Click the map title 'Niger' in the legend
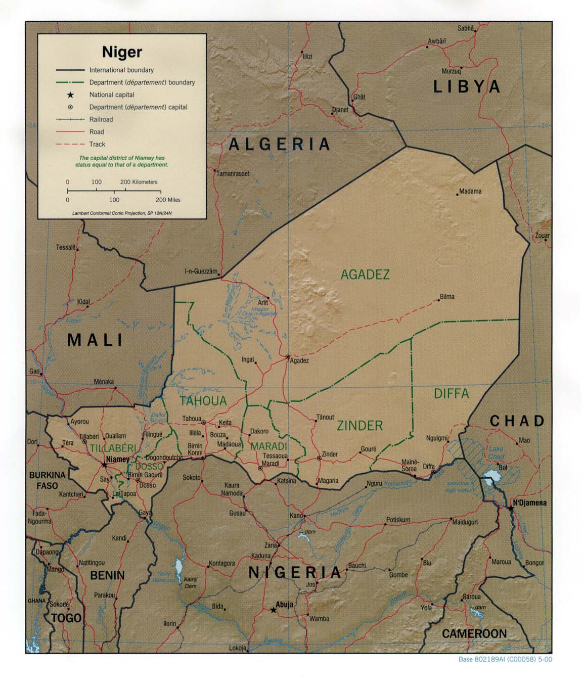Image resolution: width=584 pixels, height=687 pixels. (122, 52)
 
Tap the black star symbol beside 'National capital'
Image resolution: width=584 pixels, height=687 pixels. (70, 95)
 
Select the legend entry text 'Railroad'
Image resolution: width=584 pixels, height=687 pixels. (101, 120)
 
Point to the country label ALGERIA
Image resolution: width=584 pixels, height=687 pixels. (280, 145)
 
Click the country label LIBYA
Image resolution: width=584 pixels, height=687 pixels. (467, 87)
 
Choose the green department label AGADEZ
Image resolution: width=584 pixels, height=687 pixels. (365, 274)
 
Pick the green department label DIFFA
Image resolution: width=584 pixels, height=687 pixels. (451, 393)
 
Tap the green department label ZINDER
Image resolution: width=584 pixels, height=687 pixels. (360, 426)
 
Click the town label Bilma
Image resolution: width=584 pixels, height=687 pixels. (447, 297)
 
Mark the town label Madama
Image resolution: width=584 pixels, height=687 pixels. (470, 191)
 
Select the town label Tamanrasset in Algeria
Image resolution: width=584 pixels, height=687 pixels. (233, 173)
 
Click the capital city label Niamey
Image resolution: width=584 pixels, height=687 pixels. (117, 460)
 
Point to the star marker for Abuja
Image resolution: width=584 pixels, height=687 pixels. (274, 610)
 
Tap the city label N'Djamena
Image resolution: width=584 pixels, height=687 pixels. (529, 503)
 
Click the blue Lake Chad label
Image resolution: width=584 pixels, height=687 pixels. (496, 452)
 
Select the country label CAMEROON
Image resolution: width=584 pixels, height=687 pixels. (474, 633)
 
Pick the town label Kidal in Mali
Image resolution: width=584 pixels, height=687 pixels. (83, 302)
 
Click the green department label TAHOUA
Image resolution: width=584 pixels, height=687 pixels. (203, 401)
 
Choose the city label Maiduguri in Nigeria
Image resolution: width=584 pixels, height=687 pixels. (465, 522)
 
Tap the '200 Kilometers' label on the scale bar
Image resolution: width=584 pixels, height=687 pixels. (139, 182)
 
